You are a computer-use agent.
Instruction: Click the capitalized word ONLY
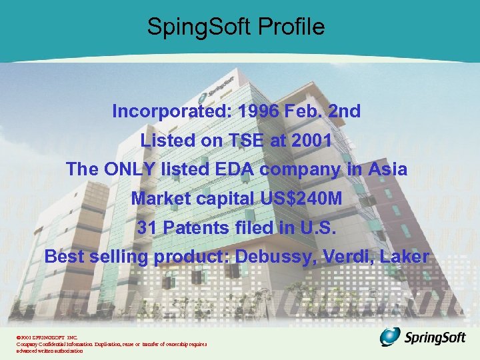click(130, 169)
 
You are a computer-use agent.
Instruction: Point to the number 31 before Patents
click(147, 227)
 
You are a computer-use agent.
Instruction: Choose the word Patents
click(196, 227)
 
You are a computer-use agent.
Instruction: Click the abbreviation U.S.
click(323, 227)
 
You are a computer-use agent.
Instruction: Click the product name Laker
click(406, 257)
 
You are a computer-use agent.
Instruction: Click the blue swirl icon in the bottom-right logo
click(391, 337)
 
